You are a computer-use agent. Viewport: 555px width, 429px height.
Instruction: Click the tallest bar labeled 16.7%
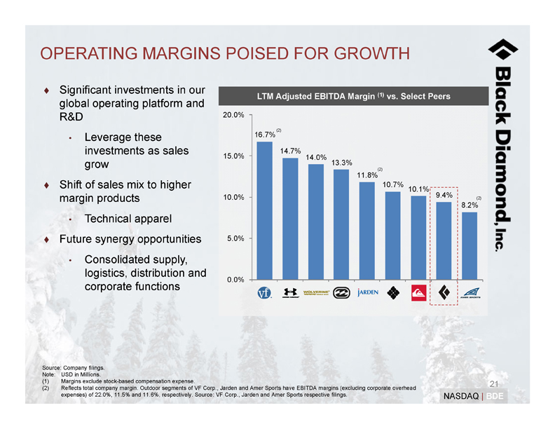264,210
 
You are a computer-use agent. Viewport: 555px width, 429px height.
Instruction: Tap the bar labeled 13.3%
341,224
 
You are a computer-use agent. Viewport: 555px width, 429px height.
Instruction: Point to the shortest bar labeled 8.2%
470,245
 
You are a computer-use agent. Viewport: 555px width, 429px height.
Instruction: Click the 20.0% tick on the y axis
233,114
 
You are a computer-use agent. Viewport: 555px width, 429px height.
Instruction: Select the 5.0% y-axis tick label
235,238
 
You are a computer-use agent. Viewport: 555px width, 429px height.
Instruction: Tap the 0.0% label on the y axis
235,280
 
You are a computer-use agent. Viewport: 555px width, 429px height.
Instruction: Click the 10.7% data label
393,184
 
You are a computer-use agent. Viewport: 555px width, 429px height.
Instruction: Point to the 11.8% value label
367,175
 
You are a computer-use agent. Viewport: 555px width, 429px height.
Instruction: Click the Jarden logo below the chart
367,292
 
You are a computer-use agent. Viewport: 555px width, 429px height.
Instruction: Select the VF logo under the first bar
264,292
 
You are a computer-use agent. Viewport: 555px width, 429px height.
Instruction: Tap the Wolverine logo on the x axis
316,292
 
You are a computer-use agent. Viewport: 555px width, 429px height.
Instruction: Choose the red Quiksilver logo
418,292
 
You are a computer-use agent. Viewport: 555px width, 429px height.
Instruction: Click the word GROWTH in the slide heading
366,54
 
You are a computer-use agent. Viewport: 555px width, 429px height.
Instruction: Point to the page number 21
493,383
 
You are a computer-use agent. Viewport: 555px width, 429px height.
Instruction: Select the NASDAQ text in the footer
460,397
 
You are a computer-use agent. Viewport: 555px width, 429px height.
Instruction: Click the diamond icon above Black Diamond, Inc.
503,50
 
